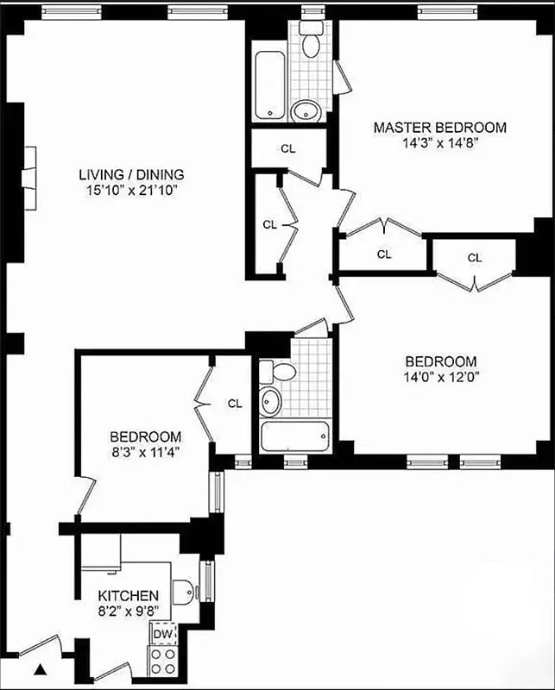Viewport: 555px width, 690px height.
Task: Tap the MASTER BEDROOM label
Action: (439, 128)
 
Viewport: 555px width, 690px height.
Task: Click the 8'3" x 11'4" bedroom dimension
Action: (145, 452)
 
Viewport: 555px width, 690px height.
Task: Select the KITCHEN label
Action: (128, 596)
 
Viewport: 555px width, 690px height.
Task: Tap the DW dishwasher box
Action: (162, 634)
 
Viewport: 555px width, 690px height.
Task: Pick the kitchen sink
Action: (183, 592)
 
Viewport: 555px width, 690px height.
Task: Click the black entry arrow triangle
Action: (40, 668)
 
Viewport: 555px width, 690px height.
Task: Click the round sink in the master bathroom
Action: (306, 110)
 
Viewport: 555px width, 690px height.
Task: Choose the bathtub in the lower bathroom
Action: (295, 436)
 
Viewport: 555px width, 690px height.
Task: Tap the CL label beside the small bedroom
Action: (235, 403)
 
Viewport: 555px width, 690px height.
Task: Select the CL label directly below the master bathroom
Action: (288, 148)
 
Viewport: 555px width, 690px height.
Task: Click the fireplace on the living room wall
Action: (29, 179)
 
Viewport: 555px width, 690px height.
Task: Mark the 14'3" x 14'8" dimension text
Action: (439, 144)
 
